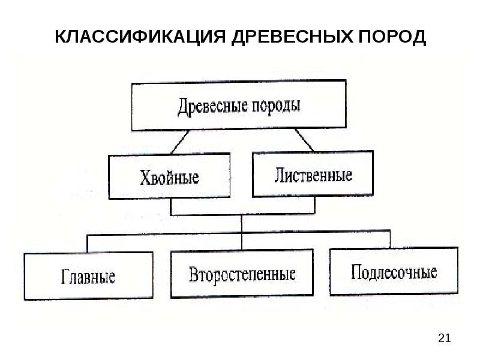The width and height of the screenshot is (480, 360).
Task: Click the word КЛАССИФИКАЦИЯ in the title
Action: pos(140,37)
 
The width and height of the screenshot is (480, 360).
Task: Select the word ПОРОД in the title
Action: pos(392,37)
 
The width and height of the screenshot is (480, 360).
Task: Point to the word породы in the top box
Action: pos(276,106)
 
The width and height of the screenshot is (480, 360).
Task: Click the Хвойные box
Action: pos(169,176)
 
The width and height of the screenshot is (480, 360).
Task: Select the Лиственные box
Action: pos(313,173)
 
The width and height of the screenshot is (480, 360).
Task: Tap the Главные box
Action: pos(88,275)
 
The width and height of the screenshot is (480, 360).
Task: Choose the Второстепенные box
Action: pos(242,273)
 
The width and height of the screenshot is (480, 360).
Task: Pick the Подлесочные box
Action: pos(394,271)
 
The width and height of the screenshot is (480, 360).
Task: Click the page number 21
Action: pos(444,338)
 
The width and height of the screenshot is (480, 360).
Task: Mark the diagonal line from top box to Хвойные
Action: pos(180,142)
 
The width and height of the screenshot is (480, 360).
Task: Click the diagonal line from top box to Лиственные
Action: pos(304,140)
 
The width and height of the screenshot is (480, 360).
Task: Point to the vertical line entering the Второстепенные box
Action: pos(242,232)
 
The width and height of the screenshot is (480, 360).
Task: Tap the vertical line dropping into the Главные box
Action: pos(87,244)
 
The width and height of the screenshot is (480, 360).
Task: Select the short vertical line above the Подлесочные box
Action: pos(390,239)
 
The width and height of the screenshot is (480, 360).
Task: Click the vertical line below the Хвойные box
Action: pos(171,206)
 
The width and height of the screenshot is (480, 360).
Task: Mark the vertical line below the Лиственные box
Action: pos(314,205)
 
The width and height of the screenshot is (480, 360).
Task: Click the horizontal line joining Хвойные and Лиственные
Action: pos(242,214)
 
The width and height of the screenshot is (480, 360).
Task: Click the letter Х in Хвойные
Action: pos(145,177)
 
